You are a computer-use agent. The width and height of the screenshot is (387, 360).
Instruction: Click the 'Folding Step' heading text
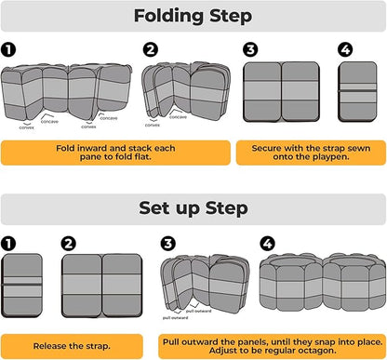[x=193, y=16]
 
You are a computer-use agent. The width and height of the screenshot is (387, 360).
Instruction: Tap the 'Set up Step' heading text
[x=193, y=208]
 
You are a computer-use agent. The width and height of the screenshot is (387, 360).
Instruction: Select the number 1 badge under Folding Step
[x=8, y=49]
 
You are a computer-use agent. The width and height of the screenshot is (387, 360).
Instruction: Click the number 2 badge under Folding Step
[x=151, y=49]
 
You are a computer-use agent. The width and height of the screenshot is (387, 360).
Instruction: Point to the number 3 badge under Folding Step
[x=250, y=49]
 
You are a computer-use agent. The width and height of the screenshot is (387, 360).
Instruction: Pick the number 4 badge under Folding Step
[x=345, y=49]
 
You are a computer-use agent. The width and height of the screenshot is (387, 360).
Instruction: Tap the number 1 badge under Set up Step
[x=8, y=244]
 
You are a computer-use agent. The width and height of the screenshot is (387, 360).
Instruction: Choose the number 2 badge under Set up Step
[x=69, y=244]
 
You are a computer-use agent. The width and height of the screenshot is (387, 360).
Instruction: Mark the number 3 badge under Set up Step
[x=168, y=244]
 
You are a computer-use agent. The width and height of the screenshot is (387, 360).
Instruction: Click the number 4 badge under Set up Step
[x=267, y=244]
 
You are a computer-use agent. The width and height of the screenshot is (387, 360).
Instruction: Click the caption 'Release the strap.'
[x=72, y=346]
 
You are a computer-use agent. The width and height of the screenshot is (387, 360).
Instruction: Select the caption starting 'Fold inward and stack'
[x=115, y=153]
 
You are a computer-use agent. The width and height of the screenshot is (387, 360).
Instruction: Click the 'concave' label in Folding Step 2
[x=178, y=117]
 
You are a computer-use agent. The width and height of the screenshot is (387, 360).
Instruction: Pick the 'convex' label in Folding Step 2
[x=153, y=125]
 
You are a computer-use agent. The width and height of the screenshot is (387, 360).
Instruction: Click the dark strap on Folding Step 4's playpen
[x=357, y=90]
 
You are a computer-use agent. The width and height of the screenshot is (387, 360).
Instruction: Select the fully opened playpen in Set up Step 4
[x=323, y=282]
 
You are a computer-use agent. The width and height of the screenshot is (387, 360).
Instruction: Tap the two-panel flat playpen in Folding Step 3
[x=281, y=91]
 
